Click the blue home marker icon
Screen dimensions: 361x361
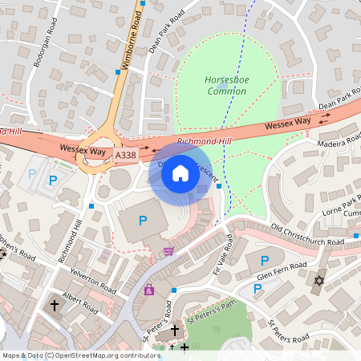[x=180, y=172]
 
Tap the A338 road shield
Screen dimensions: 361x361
[x=125, y=155]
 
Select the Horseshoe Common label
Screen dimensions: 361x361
[x=227, y=85]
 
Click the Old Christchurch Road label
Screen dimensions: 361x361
[x=308, y=234]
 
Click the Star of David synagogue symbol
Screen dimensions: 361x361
[x=318, y=282]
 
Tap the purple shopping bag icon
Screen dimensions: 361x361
[x=148, y=290]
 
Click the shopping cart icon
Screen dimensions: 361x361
[x=168, y=251]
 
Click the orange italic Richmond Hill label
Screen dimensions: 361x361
[x=203, y=141]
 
